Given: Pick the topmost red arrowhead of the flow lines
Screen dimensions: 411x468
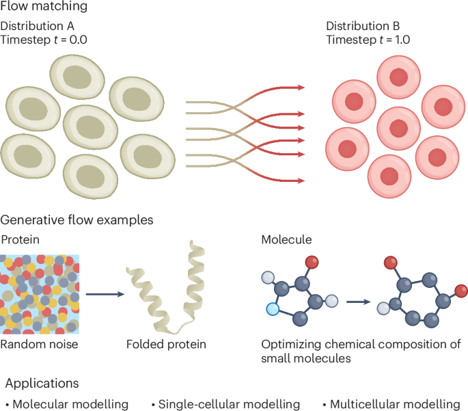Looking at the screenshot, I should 299,88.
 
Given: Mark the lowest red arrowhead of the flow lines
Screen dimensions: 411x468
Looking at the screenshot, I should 299,181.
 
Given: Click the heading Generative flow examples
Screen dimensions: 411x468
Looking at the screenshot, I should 77,220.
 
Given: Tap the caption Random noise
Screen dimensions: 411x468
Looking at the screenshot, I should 39,344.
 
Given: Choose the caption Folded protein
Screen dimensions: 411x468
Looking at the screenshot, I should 166,344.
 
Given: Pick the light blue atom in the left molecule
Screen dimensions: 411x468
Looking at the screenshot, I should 273,309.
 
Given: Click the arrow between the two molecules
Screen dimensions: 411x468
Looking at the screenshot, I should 357,301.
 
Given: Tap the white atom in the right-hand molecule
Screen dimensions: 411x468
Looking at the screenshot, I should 384,308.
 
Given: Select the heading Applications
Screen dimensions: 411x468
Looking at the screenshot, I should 42,384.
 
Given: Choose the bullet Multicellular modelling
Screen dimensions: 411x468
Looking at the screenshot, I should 395,404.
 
